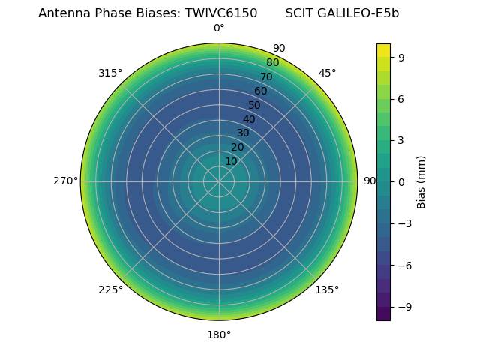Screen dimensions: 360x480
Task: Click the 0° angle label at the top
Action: pos(219,28)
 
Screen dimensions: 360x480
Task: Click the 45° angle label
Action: pos(328,73)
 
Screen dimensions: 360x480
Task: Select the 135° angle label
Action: pos(327,290)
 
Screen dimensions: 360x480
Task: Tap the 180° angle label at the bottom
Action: pos(219,334)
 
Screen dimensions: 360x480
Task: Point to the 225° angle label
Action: pos(110,290)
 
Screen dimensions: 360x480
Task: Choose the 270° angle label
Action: pos(65,181)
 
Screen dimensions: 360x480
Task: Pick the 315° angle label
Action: pos(110,73)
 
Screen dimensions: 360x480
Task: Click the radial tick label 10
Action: pos(231,161)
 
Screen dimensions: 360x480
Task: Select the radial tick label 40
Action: pos(249,119)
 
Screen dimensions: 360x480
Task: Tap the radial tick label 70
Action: pos(266,77)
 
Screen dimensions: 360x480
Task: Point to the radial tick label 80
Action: pos(272,63)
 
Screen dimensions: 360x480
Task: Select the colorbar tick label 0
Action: pos(402,181)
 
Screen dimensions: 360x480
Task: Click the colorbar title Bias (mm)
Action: pos(421,181)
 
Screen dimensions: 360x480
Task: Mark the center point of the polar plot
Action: pos(219,181)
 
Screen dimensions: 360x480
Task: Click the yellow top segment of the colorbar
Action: pos(383,49)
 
